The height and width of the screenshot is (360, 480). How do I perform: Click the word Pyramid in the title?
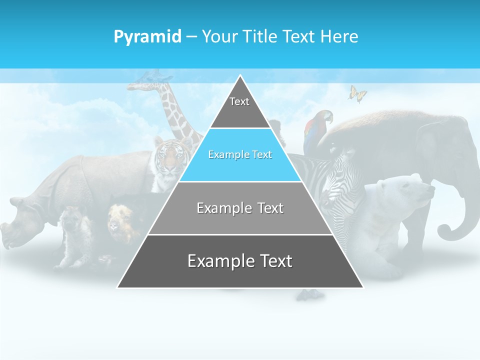pos(147,37)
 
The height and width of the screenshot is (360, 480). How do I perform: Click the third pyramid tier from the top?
pos(240,208)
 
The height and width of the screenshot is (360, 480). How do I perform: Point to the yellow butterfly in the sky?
pos(357,93)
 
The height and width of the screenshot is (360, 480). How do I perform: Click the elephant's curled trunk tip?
pos(445,232)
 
